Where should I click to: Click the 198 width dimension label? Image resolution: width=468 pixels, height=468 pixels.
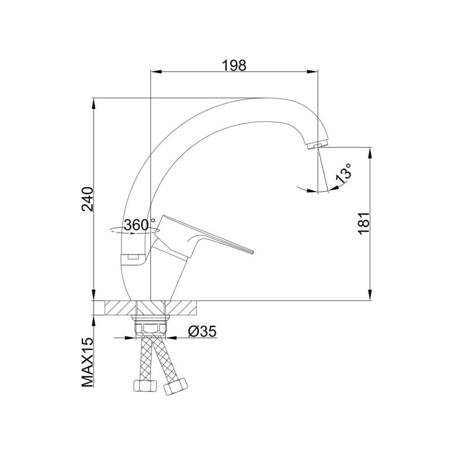pos(235,66)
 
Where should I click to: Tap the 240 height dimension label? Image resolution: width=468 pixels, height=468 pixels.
pos(88,199)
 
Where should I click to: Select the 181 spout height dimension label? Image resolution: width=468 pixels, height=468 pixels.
pos(364,223)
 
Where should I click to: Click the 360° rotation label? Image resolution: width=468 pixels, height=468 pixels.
pos(139,225)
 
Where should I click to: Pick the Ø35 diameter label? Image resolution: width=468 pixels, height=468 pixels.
pos(202,331)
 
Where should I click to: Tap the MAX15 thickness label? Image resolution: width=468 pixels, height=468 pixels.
pos(87,362)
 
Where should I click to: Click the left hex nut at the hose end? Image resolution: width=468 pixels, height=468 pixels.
pos(144,386)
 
